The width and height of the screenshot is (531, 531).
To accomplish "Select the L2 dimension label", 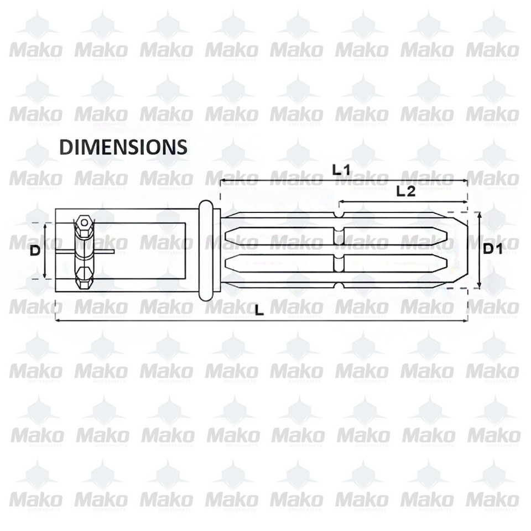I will [406, 191].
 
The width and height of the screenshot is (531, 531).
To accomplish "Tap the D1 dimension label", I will [492, 249].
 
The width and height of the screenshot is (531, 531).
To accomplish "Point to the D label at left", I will [35, 251].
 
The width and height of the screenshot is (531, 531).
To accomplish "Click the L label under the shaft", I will [259, 311].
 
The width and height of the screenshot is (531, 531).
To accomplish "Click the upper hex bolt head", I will [84, 223].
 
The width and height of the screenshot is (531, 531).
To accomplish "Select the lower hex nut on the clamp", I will [84, 277].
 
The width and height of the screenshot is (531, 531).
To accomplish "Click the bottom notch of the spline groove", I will [339, 285].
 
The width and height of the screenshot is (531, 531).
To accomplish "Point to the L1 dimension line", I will [288, 181].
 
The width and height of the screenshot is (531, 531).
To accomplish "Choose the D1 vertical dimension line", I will [479, 250].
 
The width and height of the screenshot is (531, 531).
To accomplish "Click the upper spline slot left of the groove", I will [279, 237].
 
